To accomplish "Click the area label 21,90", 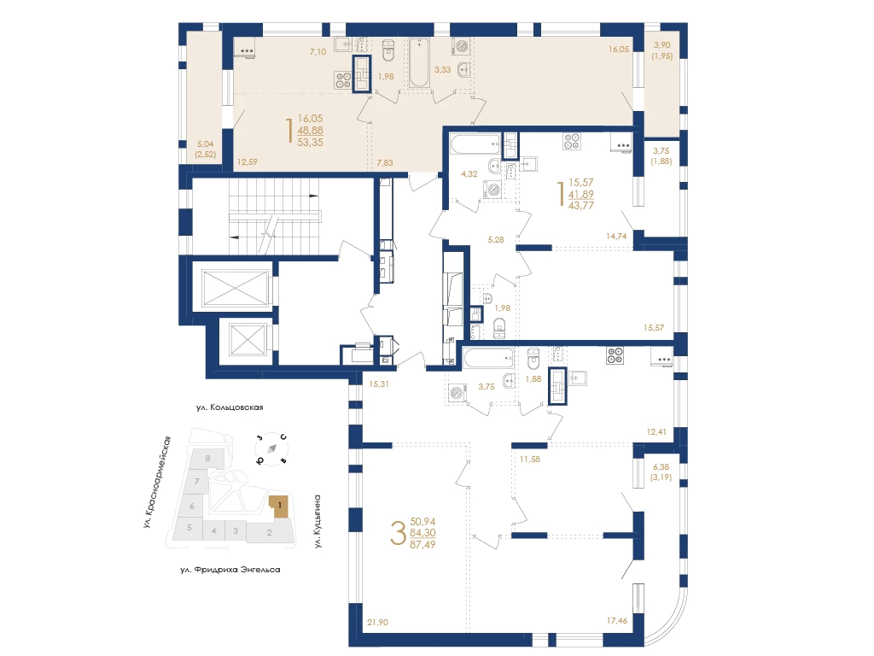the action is click(378, 622).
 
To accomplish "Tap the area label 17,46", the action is click(617, 620).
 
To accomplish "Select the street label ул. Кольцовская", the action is click(230, 407).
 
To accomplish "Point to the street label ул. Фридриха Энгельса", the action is click(230, 570).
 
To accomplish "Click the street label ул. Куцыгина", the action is click(318, 521).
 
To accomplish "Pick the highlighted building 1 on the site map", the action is click(280, 506).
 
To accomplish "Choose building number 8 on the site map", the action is click(208, 458).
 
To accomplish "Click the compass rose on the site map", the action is click(271, 448).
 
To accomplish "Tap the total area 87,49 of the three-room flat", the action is click(422, 544).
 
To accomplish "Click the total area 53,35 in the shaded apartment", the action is click(311, 143).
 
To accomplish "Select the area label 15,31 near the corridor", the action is click(379, 384).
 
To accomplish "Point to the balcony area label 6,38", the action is click(661, 467).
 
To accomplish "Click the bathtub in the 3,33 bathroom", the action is click(419, 62).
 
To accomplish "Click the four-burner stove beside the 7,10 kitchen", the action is click(343, 80).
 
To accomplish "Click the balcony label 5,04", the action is click(206, 143).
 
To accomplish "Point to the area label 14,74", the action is click(616, 236).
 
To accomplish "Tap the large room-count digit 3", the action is click(398, 533).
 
